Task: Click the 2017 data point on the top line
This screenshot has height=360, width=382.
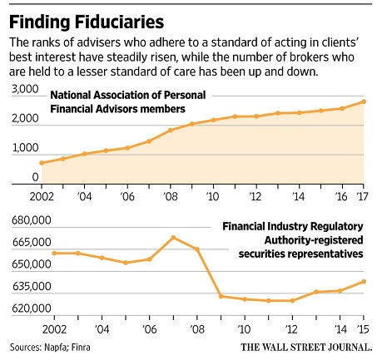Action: point(364,101)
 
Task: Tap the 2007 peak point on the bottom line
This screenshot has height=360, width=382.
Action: point(173,238)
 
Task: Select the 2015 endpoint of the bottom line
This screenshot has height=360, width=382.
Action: point(364,281)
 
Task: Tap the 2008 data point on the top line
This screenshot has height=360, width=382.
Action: point(170,131)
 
